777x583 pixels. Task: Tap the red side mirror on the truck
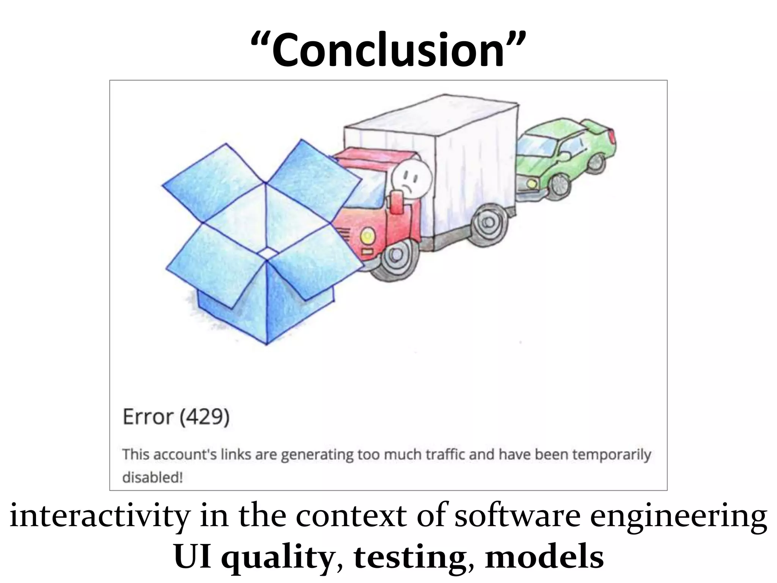click(x=397, y=203)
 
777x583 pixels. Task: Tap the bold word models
click(x=544, y=557)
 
